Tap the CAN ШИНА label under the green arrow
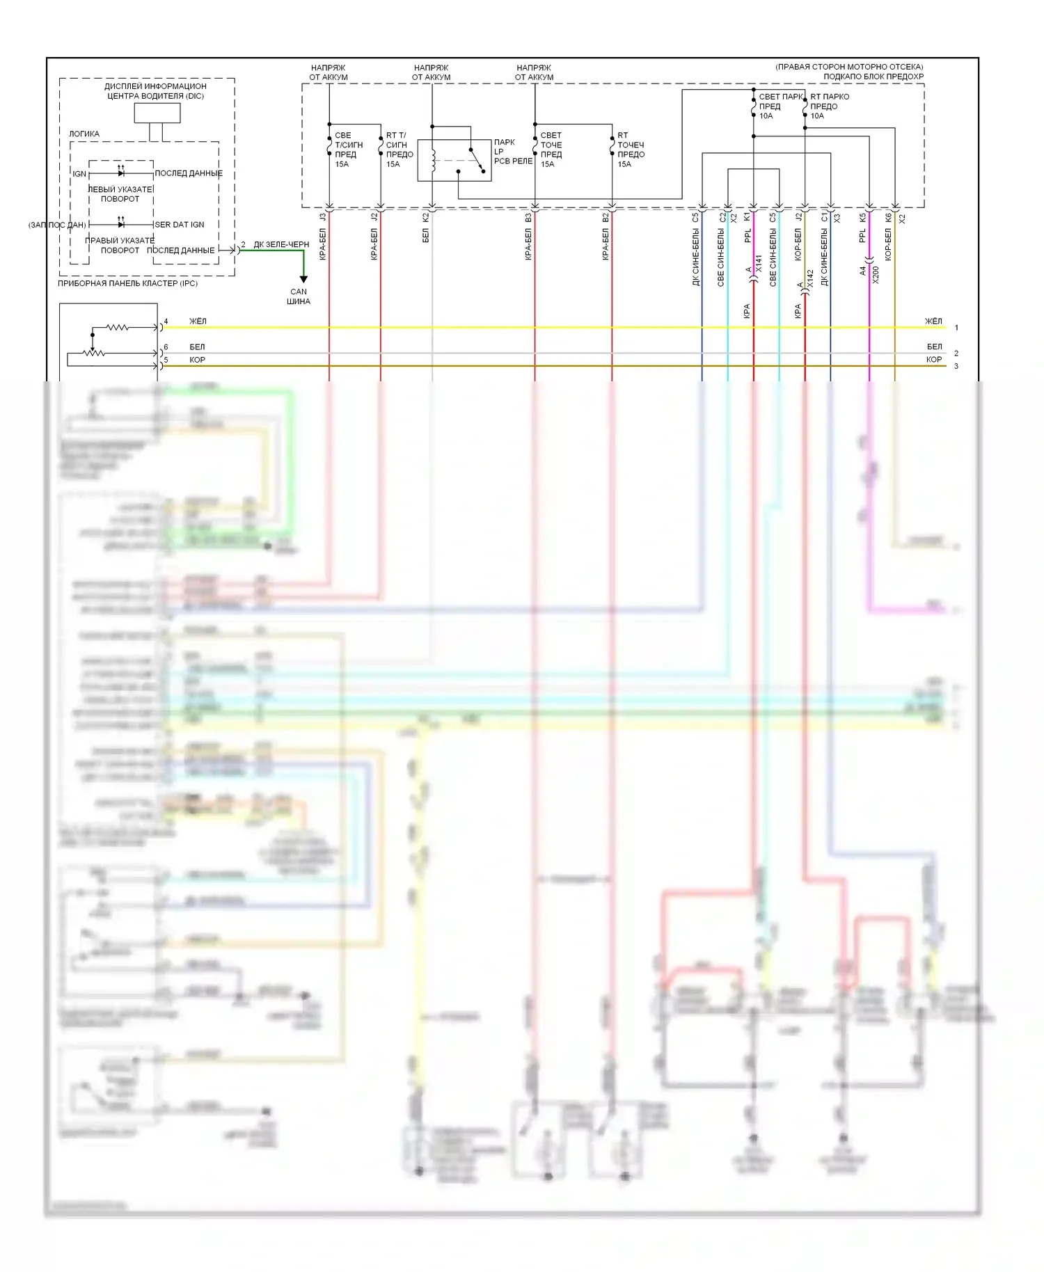coord(299,296)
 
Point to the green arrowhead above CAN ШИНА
coord(303,279)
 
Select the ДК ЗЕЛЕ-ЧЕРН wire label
coord(281,244)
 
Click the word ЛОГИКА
coord(84,134)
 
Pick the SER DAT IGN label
coord(180,225)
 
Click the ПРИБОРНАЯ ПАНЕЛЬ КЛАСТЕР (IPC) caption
coord(128,283)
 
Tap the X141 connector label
coord(759,263)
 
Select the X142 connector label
coord(810,279)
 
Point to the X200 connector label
coord(876,275)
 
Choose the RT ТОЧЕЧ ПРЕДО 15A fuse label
coord(631,150)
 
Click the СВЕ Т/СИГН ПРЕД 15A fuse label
coord(348,150)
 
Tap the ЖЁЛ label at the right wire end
coord(933,321)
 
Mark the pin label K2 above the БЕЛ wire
coord(426,218)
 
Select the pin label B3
coord(529,218)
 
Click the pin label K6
coord(889,218)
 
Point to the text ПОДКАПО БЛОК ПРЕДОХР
coord(873,77)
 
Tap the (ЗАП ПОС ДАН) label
coord(57,225)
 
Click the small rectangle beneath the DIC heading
coord(157,113)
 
